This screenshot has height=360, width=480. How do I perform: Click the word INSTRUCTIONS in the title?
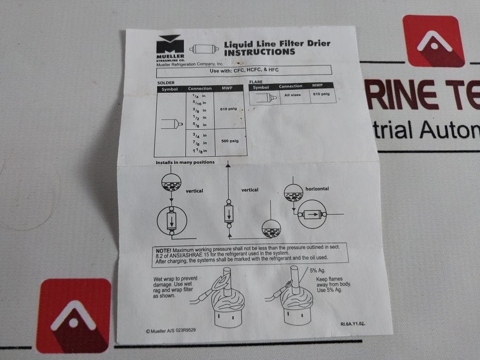pyautogui.click(x=259, y=52)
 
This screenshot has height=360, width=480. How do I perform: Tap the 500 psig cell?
pyautogui.click(x=230, y=141)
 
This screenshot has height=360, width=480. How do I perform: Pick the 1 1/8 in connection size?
pyautogui.click(x=200, y=151)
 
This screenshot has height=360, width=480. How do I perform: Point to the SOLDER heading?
pyautogui.click(x=166, y=82)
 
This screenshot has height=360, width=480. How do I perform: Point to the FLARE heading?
pyautogui.click(x=256, y=81)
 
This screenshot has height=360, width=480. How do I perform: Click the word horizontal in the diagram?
pyautogui.click(x=317, y=189)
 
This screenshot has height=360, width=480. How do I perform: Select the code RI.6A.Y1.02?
pyautogui.click(x=352, y=324)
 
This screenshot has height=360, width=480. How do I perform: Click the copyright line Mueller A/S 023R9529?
pyautogui.click(x=171, y=330)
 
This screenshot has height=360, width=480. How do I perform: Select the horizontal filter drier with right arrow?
pyautogui.click(x=313, y=214)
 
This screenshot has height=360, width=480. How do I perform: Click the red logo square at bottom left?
pyautogui.click(x=74, y=316)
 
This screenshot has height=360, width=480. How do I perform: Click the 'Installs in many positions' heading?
pyautogui.click(x=185, y=162)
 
